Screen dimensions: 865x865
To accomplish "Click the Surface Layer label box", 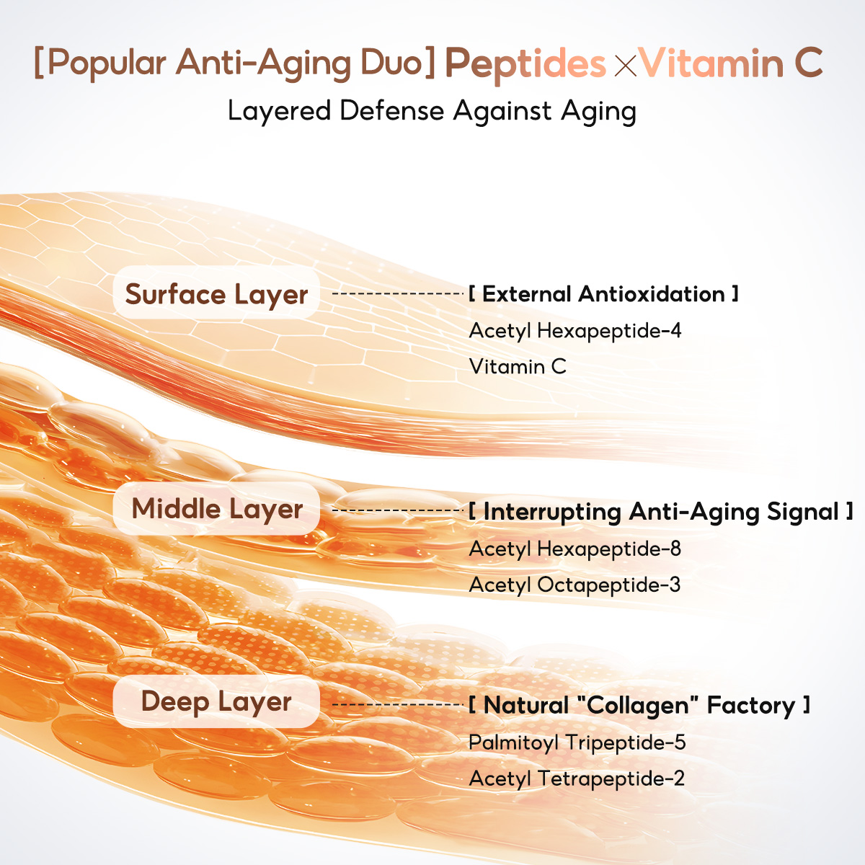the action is tap(216, 293).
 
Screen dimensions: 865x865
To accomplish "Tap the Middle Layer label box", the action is tap(216, 509).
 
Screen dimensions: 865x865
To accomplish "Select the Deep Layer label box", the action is tap(216, 701).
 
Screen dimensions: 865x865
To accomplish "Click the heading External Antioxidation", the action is tap(604, 294).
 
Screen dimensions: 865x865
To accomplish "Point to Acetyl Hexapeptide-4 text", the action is tap(575, 332).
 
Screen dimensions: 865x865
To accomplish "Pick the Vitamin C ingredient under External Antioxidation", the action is tap(518, 367).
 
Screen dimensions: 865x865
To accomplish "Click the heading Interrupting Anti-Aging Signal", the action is tap(661, 512).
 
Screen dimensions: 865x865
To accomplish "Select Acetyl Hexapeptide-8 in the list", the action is tap(575, 549).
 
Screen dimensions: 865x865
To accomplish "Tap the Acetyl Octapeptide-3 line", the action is tap(575, 585).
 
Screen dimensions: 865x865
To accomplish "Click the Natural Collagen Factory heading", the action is tap(639, 705).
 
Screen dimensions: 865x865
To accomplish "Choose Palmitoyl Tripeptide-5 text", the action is tap(577, 743).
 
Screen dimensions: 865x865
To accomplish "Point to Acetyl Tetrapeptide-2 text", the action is tap(577, 778).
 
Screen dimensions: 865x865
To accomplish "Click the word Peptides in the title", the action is tap(525, 64).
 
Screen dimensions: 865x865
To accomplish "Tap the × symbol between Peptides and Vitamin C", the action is tap(625, 66).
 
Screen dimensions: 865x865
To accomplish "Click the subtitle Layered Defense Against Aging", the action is tap(432, 111).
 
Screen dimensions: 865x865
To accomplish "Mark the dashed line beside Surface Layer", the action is tap(398, 293).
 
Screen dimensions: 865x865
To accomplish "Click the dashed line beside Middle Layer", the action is tap(398, 510).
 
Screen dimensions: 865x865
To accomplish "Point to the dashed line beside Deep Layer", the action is tap(398, 704).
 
